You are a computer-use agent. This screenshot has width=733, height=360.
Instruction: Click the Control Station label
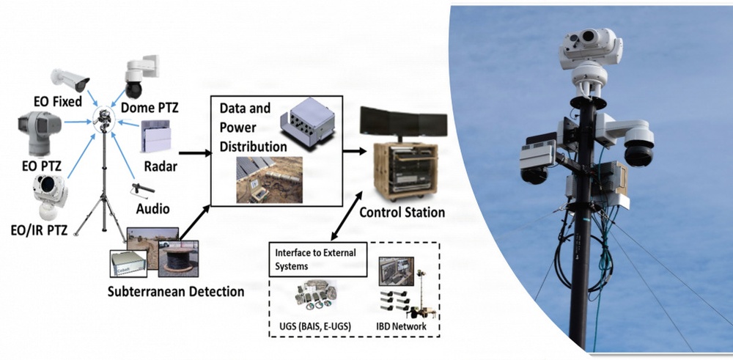pos(402,213)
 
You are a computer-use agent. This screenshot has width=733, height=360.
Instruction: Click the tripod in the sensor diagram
pos(107,191)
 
